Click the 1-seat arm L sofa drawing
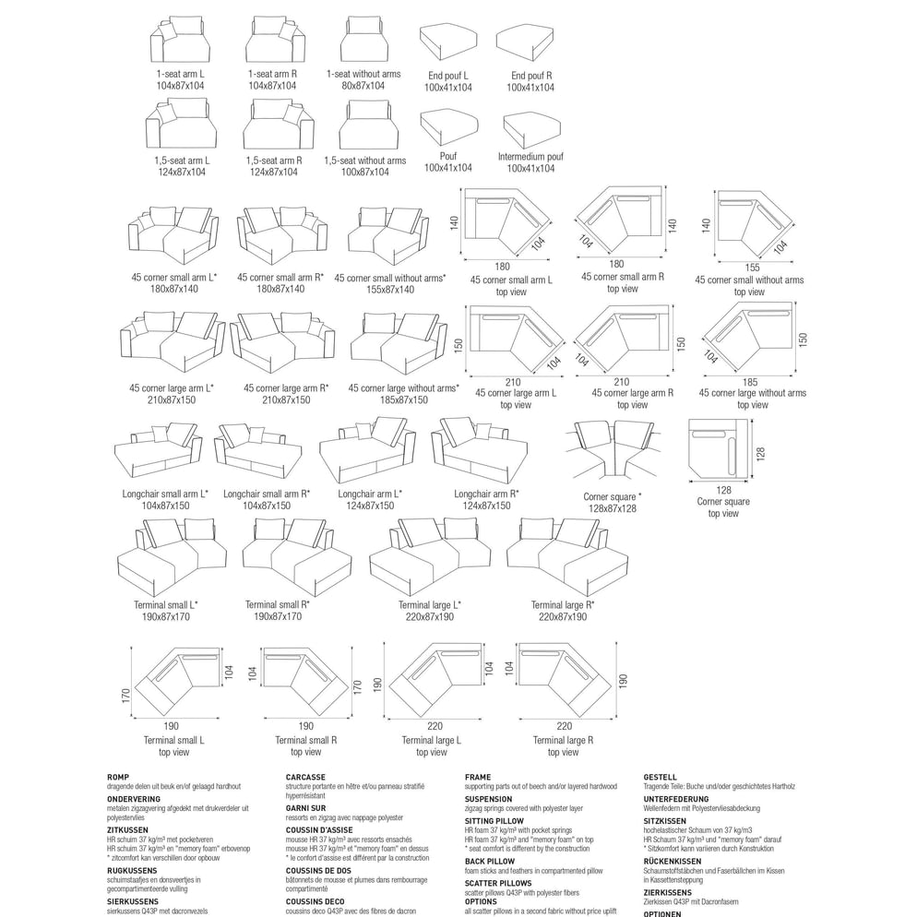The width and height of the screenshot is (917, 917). point(180,41)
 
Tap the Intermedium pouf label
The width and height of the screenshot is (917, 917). point(530,157)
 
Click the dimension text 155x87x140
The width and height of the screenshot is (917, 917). point(391,289)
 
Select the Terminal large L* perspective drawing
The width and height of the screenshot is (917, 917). point(430,554)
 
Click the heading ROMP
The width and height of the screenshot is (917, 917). point(119,778)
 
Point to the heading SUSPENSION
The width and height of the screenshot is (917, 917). point(489,799)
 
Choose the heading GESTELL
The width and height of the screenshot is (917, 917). point(661,778)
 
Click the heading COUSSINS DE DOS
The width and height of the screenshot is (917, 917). point(318,870)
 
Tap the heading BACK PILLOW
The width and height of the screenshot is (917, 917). point(490,861)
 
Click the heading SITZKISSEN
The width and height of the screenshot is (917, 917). point(664,829)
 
